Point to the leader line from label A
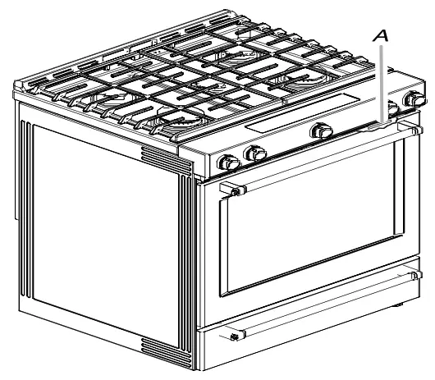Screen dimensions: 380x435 click(379, 82)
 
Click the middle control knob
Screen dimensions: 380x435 click(318, 130)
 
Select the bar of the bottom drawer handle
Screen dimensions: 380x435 click(328, 308)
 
